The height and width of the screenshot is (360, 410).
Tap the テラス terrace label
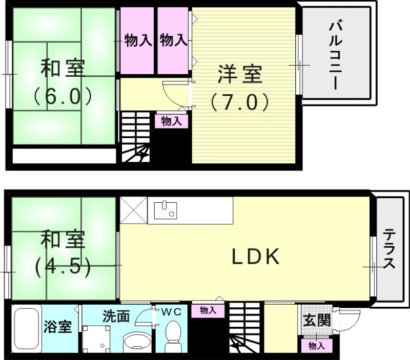[x=389, y=249]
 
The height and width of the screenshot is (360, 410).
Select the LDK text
[x=256, y=257]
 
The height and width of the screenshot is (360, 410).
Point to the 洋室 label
[x=240, y=75]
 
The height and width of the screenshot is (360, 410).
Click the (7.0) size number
[x=239, y=102]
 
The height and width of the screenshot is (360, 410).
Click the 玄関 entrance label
[x=316, y=322]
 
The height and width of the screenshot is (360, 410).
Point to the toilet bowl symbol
[x=174, y=333]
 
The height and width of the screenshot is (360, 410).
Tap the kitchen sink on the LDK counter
[x=166, y=209]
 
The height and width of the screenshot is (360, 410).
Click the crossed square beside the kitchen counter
[x=134, y=210]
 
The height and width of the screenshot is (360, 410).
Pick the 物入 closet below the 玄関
[x=316, y=346]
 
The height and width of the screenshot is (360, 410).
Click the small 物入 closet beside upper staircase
[x=171, y=121]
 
